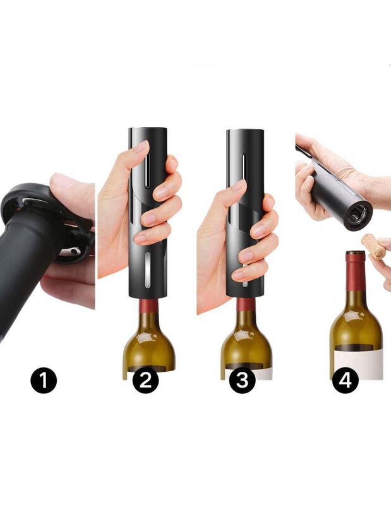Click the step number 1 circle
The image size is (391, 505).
point(44,381)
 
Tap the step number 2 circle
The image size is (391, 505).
point(145,381)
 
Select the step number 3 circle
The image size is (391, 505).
point(242,381)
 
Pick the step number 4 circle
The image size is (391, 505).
point(346,381)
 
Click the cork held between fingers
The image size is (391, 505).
point(374,247)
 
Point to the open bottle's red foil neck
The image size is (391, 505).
point(356,271)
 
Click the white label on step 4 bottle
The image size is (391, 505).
point(358,364)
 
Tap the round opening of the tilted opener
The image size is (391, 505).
point(358,215)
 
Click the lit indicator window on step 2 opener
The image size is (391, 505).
point(147,270)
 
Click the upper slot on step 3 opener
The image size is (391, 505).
point(245,171)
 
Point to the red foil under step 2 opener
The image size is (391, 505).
point(148,305)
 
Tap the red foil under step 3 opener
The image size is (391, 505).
point(246,304)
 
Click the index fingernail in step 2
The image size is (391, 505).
point(141,147)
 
